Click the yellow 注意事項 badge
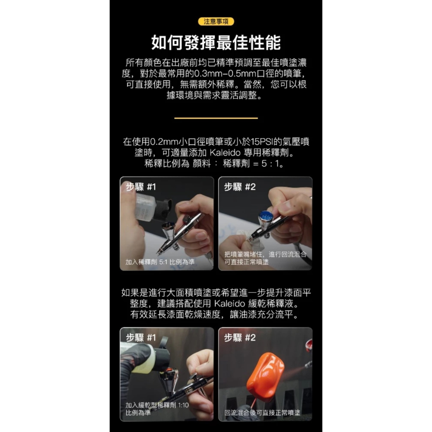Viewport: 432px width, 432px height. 216,21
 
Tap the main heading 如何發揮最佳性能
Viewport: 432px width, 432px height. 216,43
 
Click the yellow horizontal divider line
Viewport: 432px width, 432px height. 216,118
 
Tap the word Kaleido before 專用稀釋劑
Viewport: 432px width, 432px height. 226,153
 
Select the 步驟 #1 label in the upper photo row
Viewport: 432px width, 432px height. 141,187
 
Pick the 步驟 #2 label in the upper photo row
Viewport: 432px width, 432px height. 240,187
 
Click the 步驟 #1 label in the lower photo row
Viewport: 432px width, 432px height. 141,338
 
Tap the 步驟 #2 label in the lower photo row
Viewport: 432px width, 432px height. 240,338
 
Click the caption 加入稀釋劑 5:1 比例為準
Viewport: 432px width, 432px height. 160,262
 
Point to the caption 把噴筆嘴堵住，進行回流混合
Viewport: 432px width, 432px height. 265,254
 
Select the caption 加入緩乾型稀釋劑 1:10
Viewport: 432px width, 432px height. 157,405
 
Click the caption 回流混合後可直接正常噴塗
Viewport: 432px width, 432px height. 262,413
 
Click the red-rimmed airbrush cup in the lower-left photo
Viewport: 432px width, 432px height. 168,372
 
